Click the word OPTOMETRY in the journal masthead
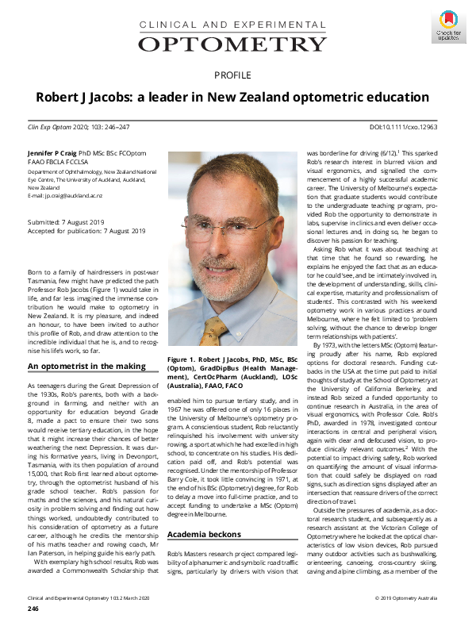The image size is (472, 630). click(236, 42)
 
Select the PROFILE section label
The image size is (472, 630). click(236, 76)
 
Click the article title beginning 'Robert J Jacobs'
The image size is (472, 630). click(236, 97)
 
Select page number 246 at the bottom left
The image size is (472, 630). click(33, 609)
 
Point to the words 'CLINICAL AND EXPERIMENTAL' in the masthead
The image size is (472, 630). click(236, 25)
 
